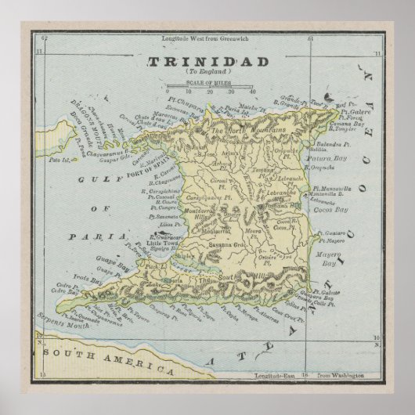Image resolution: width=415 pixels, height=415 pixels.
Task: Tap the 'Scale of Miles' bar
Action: tap(208, 86)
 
